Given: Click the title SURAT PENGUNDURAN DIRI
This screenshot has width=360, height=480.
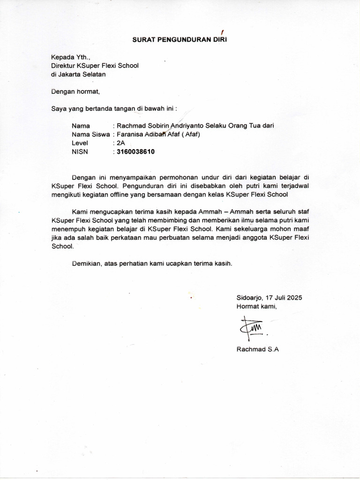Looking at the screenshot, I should tap(180, 40).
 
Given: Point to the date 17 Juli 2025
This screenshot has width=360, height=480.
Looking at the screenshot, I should tap(284, 298).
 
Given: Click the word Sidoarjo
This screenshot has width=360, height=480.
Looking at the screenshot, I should tap(250, 298).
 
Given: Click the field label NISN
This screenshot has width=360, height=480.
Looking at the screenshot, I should tap(80, 152).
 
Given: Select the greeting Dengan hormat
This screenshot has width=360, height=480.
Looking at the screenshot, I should tap(76, 91).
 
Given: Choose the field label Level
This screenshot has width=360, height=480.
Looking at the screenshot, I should tap(80, 143).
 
